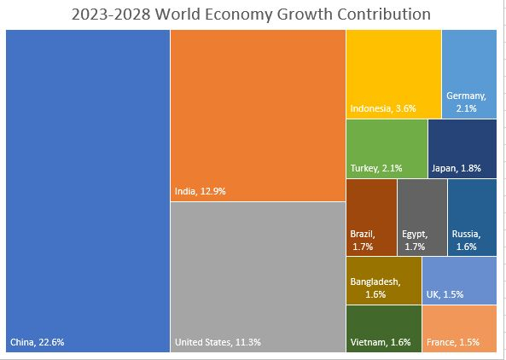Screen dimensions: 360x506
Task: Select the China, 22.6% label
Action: tap(37, 342)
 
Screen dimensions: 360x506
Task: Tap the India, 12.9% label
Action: tap(201, 192)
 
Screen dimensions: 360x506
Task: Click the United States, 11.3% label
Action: tap(218, 342)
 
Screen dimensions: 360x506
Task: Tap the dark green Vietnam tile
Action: tap(383, 328)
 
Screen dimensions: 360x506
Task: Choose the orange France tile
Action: tap(459, 328)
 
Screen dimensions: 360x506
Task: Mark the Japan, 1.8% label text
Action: tap(457, 168)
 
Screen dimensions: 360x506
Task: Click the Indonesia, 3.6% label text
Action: tap(382, 108)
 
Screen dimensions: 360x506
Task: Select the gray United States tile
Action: tap(257, 273)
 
